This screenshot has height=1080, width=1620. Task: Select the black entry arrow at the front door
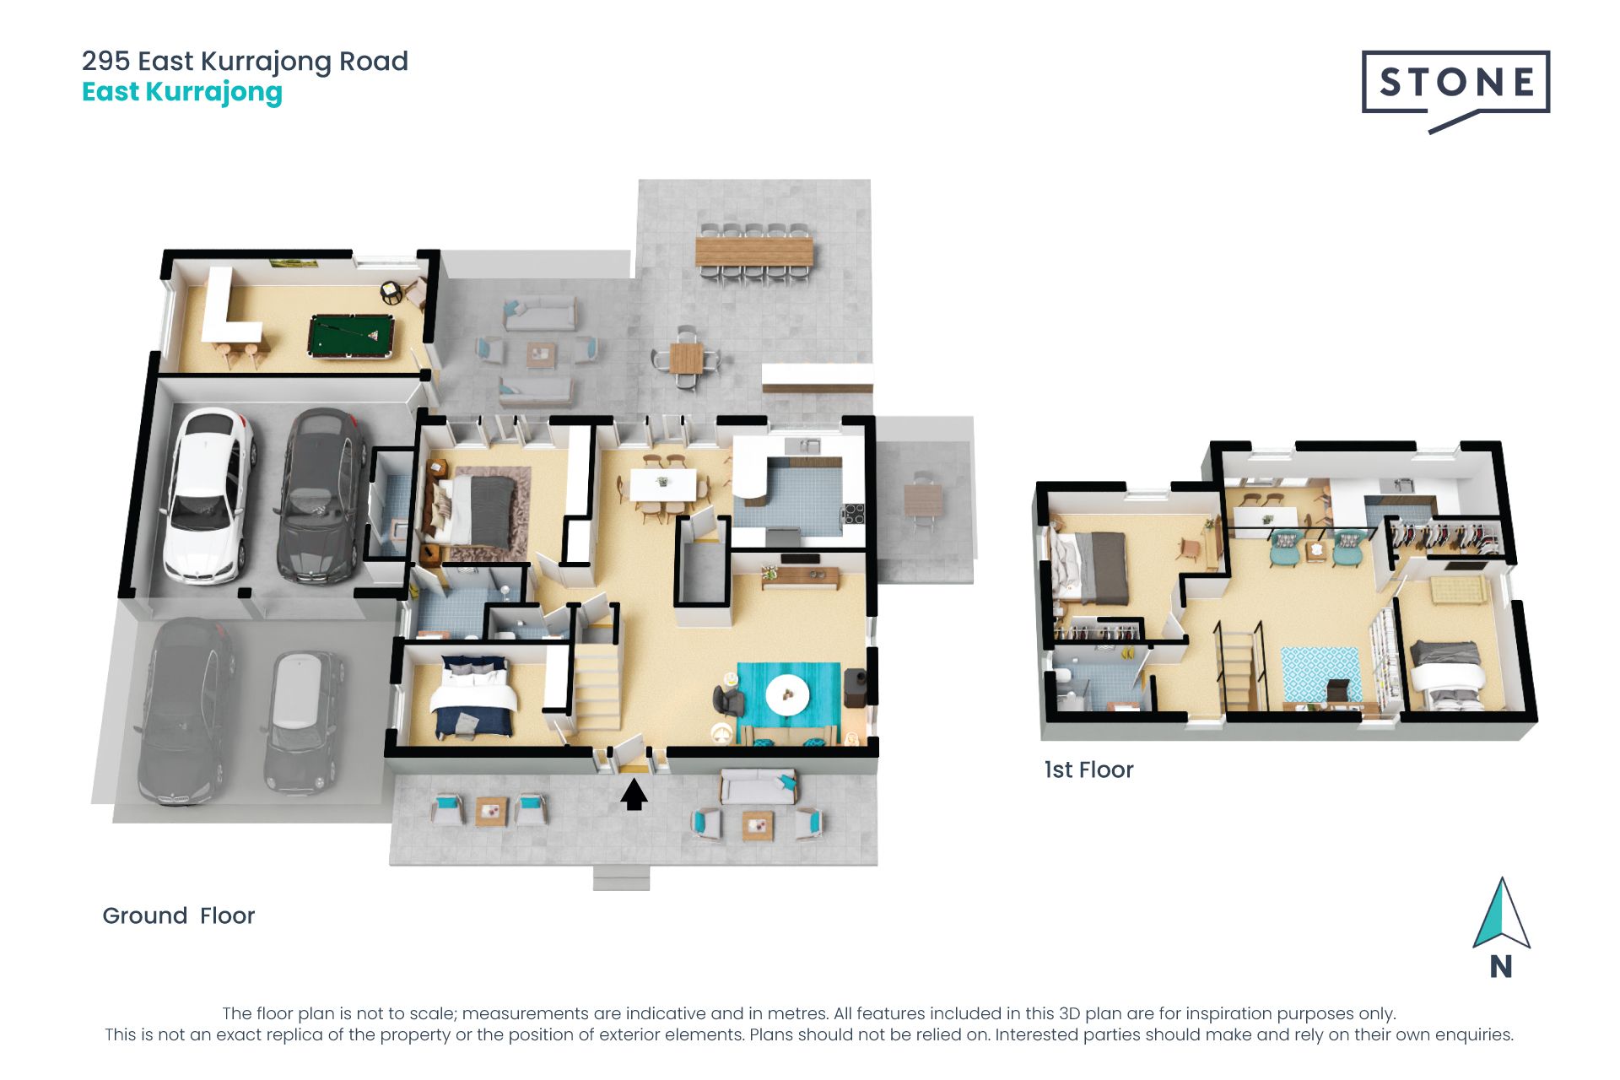(634, 795)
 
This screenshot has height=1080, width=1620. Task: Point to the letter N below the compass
(1501, 967)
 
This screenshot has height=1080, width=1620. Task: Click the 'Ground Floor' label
(178, 915)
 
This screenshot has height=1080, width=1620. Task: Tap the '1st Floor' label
(1088, 769)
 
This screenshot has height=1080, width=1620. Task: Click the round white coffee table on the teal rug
(787, 695)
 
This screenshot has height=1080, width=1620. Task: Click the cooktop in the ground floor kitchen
(854, 513)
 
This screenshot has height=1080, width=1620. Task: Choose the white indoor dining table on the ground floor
(663, 484)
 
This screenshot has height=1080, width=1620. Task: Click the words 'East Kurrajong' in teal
(182, 92)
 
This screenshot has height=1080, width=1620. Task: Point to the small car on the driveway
(303, 722)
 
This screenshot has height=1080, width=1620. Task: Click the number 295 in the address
(106, 61)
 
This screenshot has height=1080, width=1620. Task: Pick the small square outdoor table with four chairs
(686, 358)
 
